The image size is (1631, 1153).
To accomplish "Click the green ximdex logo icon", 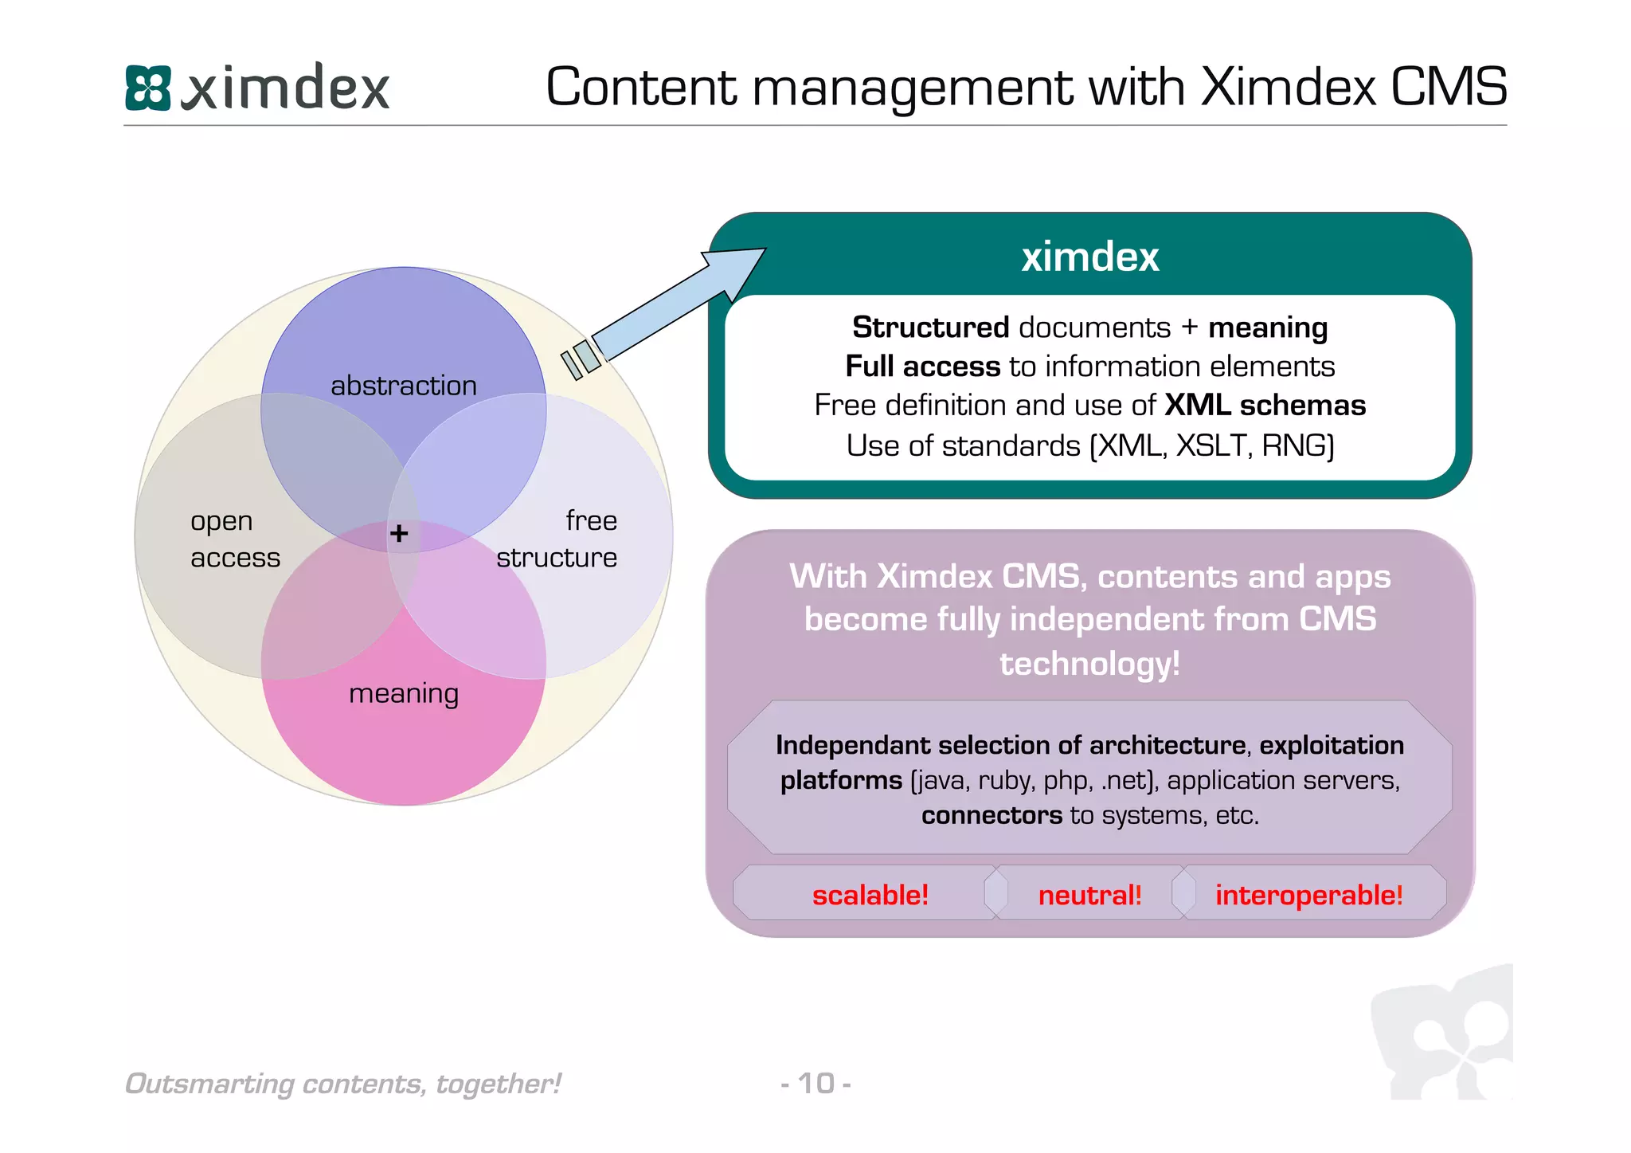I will (148, 88).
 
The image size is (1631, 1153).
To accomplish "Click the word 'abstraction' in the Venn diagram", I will (404, 386).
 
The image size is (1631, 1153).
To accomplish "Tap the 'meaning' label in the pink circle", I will (404, 693).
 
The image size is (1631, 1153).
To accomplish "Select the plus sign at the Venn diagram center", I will (400, 532).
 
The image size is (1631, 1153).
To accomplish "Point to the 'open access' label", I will (234, 539).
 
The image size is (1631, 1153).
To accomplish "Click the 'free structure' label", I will (557, 539).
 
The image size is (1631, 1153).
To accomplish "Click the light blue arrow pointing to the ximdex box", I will (677, 303).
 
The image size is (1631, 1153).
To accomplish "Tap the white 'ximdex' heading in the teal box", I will (1089, 257).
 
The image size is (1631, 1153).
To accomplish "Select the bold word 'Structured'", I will (930, 327).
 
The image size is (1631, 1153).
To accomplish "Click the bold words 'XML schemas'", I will (1265, 406).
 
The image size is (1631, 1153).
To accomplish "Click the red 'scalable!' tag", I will (870, 895).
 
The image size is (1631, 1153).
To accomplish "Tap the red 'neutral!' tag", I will (1089, 895).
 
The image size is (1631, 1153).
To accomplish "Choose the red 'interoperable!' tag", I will (1308, 895).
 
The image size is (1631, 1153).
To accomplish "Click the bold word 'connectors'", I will (992, 815).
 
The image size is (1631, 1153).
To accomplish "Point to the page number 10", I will (816, 1084).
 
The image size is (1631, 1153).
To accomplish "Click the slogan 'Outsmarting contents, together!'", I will (343, 1084).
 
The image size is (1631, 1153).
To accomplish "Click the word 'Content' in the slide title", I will (642, 87).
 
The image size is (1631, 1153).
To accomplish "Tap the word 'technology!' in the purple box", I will (1089, 663).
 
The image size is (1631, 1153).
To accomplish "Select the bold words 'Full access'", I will (922, 367).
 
